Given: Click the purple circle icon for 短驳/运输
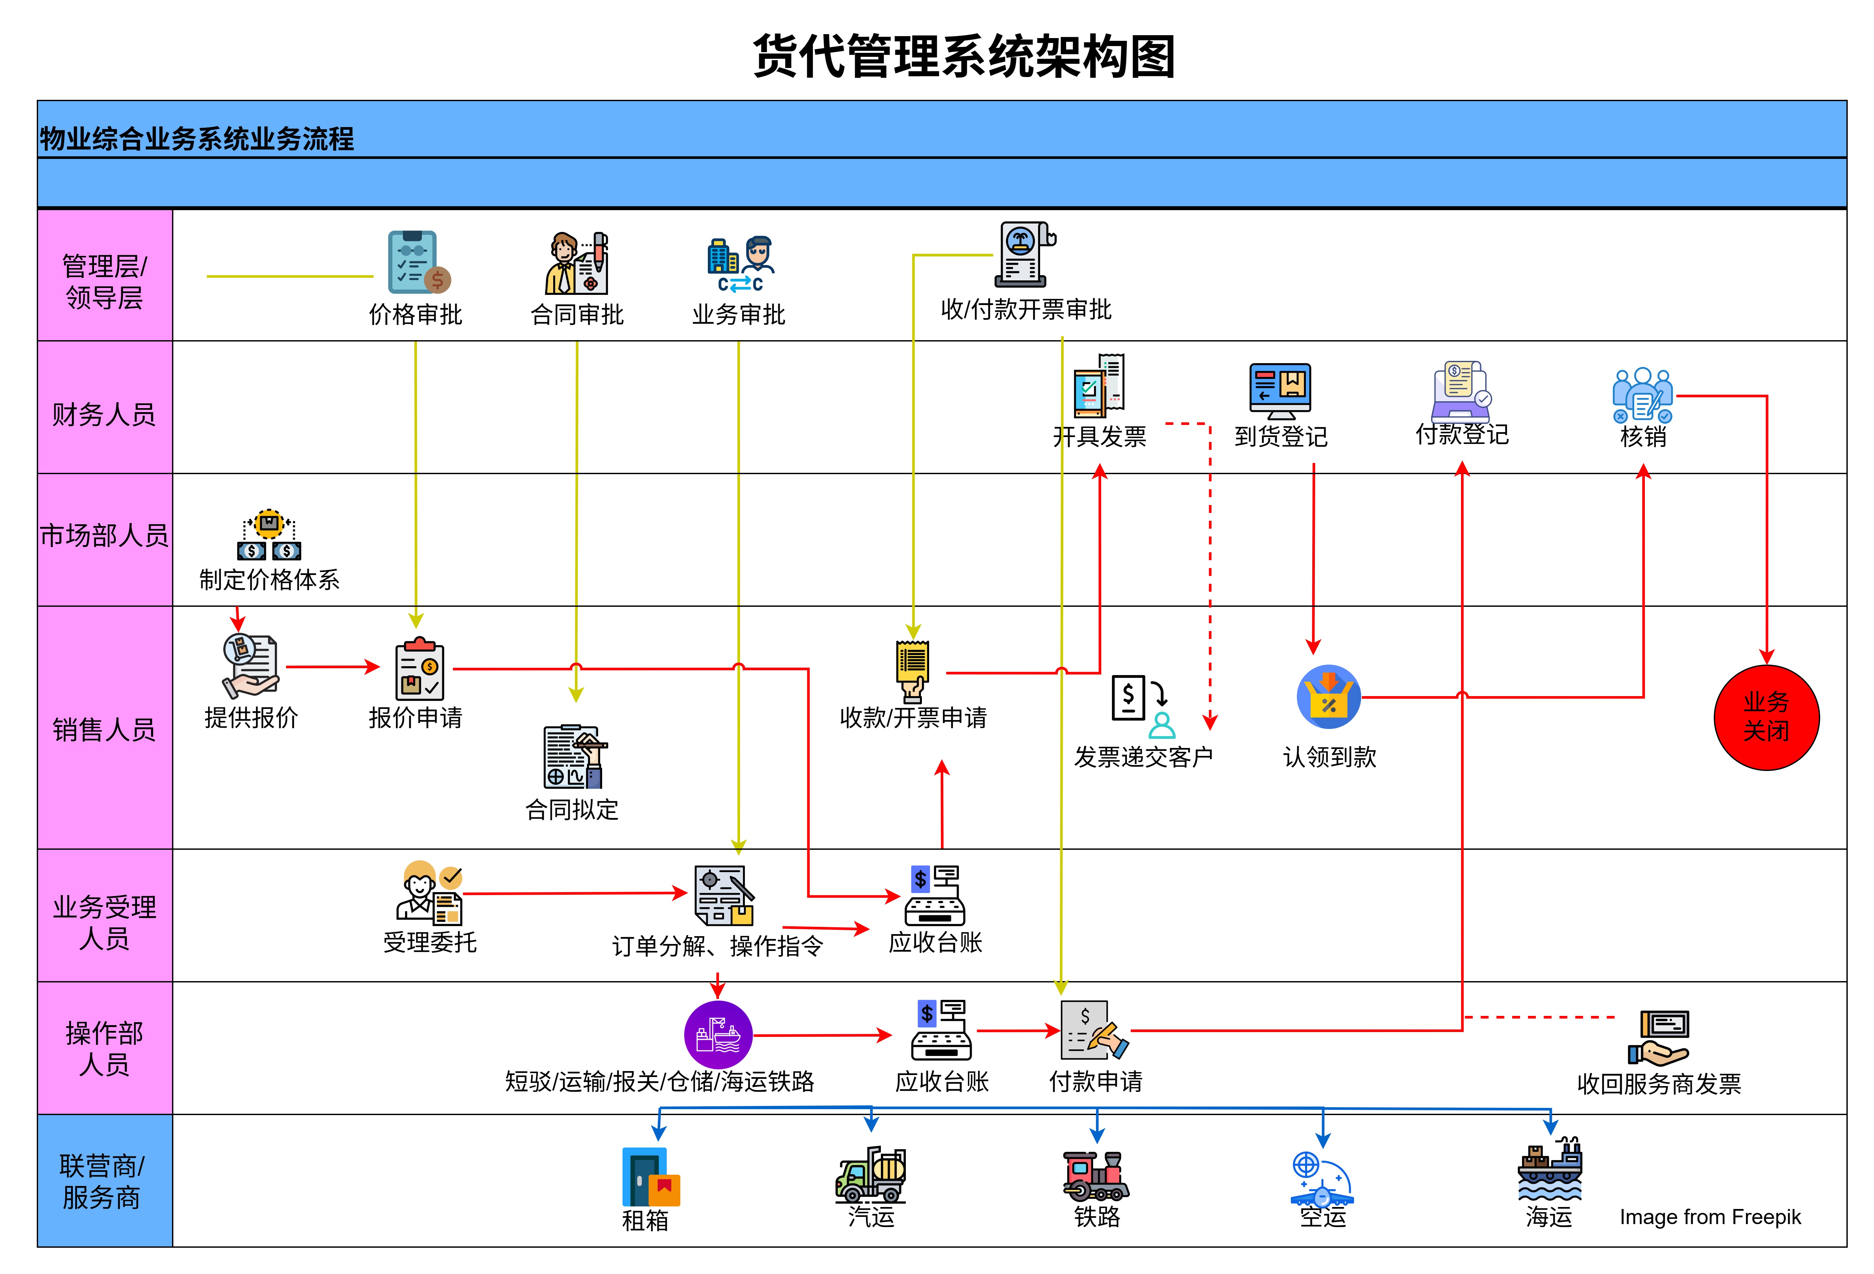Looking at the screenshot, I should click(x=718, y=1035).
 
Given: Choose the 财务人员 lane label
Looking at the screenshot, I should click(x=104, y=414).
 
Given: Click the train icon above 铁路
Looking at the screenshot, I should click(x=1096, y=1175).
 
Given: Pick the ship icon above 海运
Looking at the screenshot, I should click(x=1549, y=1169).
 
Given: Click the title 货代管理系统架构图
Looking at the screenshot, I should click(x=964, y=56).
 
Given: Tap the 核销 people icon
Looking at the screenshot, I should click(x=1642, y=395).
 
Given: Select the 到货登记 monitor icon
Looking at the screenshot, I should click(x=1280, y=390).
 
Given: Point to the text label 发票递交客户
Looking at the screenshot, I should click(x=1144, y=756).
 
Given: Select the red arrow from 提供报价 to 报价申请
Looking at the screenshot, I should click(x=332, y=667).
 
